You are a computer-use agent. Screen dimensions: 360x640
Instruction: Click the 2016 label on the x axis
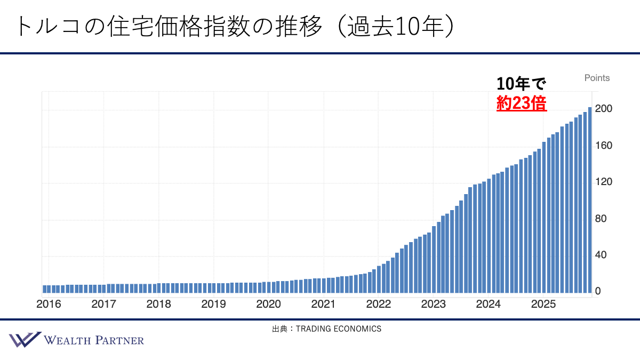49,305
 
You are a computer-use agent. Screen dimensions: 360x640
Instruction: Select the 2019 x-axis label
213,305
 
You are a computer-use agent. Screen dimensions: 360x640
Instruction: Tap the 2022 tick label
378,305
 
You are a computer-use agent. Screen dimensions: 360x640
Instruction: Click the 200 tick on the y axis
603,109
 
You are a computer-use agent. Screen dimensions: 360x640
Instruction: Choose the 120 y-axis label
603,182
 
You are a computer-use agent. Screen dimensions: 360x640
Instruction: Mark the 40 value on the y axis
601,255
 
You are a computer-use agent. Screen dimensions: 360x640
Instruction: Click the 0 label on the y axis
598,292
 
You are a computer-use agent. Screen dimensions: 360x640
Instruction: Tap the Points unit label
597,78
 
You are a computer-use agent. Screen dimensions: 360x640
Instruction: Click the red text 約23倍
521,103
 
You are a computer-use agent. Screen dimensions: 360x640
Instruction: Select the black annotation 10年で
521,84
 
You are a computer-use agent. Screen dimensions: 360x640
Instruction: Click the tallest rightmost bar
590,201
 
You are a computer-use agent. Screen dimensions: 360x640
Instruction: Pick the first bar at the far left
44,289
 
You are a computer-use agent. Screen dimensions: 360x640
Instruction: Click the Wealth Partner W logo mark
25,340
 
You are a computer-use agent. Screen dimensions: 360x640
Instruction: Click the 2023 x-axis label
433,305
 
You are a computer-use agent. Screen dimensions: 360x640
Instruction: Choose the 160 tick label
603,146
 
